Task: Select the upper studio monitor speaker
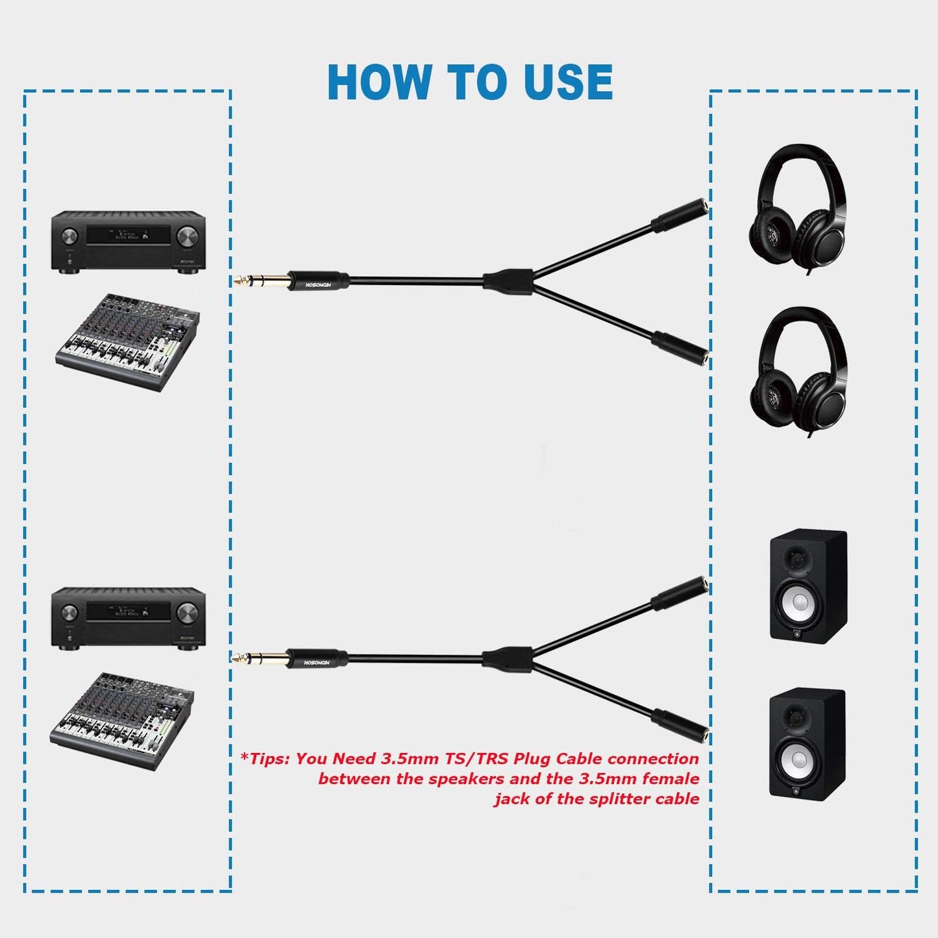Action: click(808, 586)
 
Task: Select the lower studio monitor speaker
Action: click(807, 743)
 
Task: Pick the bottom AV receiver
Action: click(129, 618)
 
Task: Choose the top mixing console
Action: click(127, 341)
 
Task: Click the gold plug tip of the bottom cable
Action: click(242, 658)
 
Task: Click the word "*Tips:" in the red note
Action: click(264, 759)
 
